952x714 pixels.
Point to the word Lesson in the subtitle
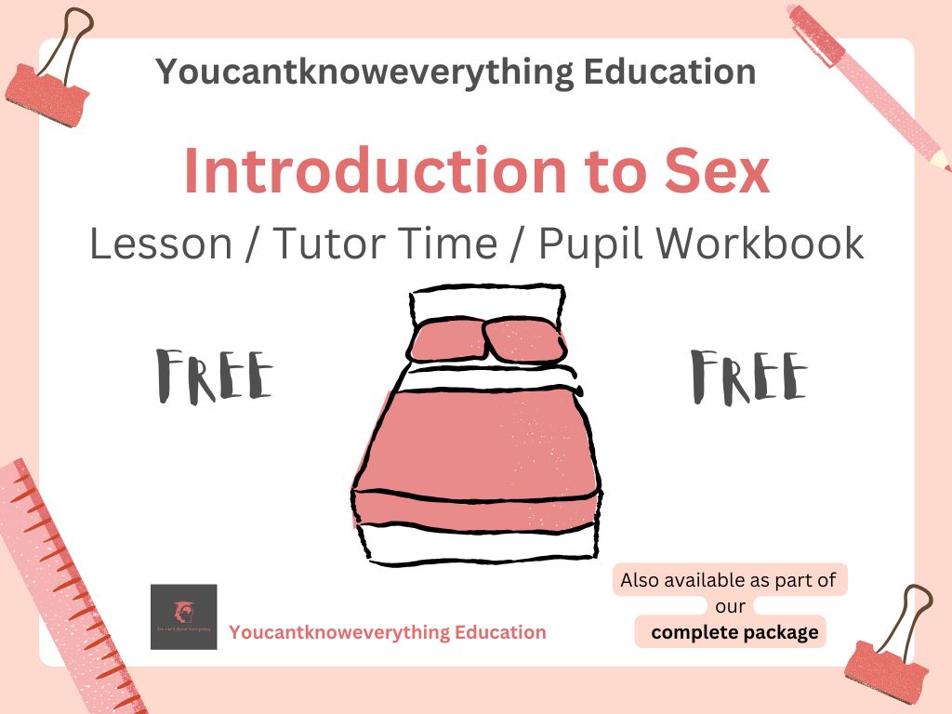pyautogui.click(x=160, y=244)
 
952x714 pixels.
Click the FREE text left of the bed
pyautogui.click(x=215, y=376)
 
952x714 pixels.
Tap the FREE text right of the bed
pyautogui.click(x=749, y=376)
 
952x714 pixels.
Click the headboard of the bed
pyautogui.click(x=488, y=303)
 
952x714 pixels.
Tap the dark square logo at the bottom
pyautogui.click(x=183, y=616)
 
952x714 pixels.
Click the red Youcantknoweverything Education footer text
pyautogui.click(x=388, y=633)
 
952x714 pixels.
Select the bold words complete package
pyautogui.click(x=734, y=633)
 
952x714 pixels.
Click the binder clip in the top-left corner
pyautogui.click(x=51, y=74)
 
